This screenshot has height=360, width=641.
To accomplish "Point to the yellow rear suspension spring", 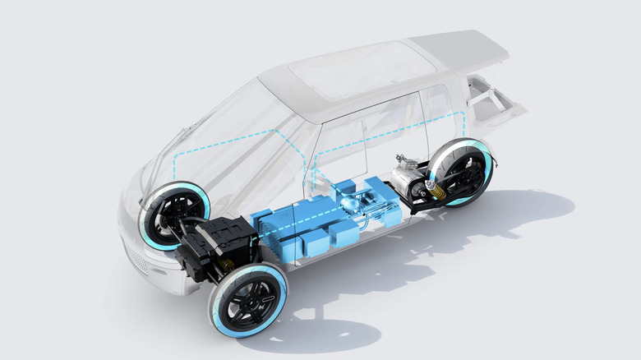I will point(436,192).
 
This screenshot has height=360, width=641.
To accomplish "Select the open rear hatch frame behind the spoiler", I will point(493,103).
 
